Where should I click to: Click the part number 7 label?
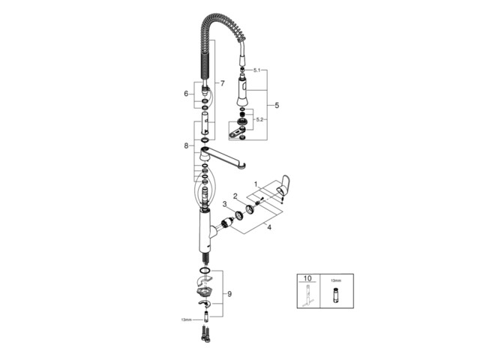(x=221, y=82)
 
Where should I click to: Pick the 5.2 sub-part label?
(x=259, y=118)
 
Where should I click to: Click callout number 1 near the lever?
(x=255, y=184)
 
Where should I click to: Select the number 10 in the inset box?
(x=307, y=277)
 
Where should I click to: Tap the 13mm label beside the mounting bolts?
(x=186, y=319)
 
